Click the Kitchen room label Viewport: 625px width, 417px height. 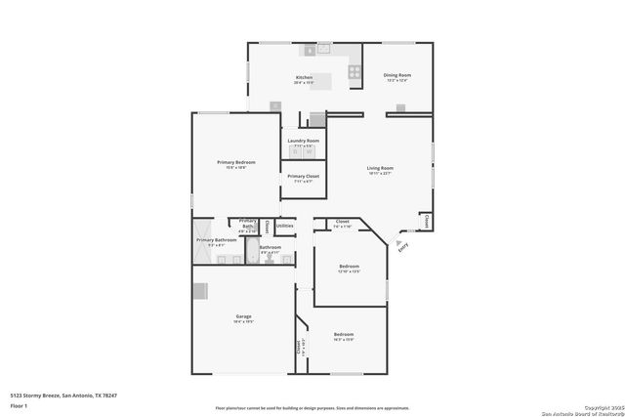click(304, 77)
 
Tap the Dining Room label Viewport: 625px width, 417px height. click(396, 75)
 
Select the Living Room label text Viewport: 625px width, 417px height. click(380, 168)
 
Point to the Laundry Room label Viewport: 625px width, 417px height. click(303, 141)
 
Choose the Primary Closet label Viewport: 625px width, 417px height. click(303, 176)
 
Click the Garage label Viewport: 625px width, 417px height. click(243, 316)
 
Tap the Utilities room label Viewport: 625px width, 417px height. click(284, 227)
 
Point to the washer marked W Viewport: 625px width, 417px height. click(309, 151)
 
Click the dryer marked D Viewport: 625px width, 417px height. click(296, 151)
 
